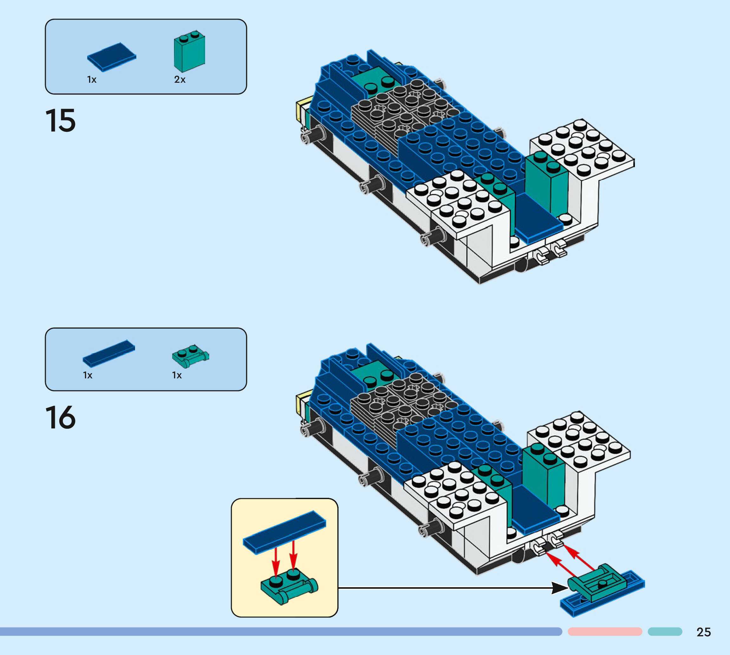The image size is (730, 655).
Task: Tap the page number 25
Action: coord(703,632)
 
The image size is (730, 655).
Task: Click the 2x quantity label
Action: coord(180,80)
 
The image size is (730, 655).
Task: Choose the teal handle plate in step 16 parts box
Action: coord(190,356)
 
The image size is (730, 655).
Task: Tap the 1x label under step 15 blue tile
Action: coord(92,80)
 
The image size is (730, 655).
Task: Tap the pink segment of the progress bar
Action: coord(605,632)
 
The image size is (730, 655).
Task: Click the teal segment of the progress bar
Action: coord(665,632)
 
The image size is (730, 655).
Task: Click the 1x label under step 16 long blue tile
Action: coord(88,376)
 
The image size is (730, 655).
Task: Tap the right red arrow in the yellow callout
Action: coord(294,556)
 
